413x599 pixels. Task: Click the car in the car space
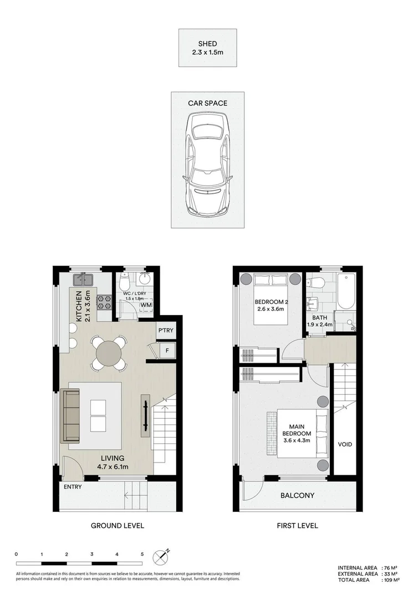point(207,164)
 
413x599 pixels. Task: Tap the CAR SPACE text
point(207,103)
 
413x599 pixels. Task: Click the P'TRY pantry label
point(165,331)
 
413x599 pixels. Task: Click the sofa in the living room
point(71,415)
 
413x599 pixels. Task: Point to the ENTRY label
point(73,488)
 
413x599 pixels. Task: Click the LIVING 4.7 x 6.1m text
point(112,463)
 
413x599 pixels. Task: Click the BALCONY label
point(297,496)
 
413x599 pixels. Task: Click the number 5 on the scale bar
point(142,554)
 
